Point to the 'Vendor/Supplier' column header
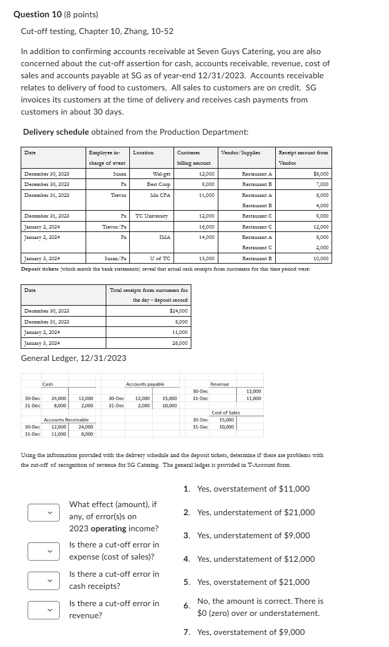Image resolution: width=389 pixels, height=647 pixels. coord(240,153)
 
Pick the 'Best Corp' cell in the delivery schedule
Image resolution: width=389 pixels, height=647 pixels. coord(159,184)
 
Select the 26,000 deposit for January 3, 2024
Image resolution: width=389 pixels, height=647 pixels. coord(180,343)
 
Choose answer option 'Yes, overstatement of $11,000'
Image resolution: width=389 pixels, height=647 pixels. coord(253,489)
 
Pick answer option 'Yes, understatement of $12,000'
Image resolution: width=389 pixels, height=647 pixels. coord(256,559)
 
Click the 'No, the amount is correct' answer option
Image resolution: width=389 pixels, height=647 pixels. coord(260,607)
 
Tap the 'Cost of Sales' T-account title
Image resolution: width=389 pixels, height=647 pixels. coord(226,412)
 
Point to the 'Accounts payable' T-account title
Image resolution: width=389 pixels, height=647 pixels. coord(145,384)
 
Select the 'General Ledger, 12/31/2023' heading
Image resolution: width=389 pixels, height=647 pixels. coord(74,358)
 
